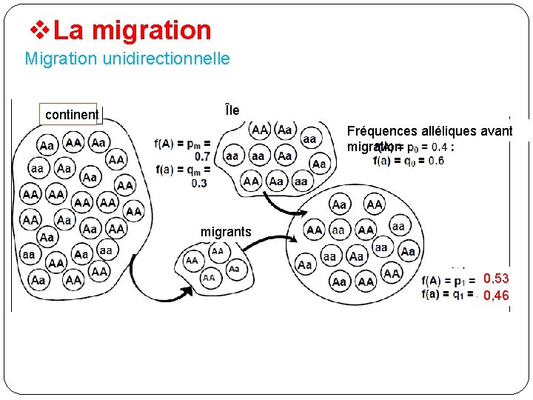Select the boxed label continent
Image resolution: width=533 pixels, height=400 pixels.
71,114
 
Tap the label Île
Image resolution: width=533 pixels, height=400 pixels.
232,111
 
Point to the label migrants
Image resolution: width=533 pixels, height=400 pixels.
226,232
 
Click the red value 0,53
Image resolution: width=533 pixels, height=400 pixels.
496,279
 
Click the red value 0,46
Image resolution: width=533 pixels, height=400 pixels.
496,296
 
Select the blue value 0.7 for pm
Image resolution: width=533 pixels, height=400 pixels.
201,156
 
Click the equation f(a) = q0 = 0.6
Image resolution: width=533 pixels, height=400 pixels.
409,161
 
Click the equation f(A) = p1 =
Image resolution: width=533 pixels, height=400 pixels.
448,280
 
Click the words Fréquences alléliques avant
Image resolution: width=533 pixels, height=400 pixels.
429,131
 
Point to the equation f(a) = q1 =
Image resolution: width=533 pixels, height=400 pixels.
448,293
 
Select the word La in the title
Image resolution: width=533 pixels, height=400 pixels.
68,30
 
